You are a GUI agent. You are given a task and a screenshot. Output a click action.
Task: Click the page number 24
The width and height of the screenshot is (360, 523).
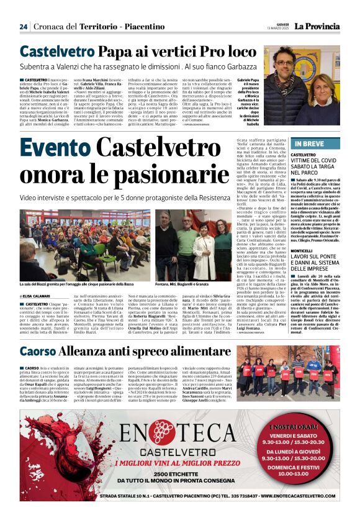point(24,27)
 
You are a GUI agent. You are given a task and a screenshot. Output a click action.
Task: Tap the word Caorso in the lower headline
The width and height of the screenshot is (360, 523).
point(38,350)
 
